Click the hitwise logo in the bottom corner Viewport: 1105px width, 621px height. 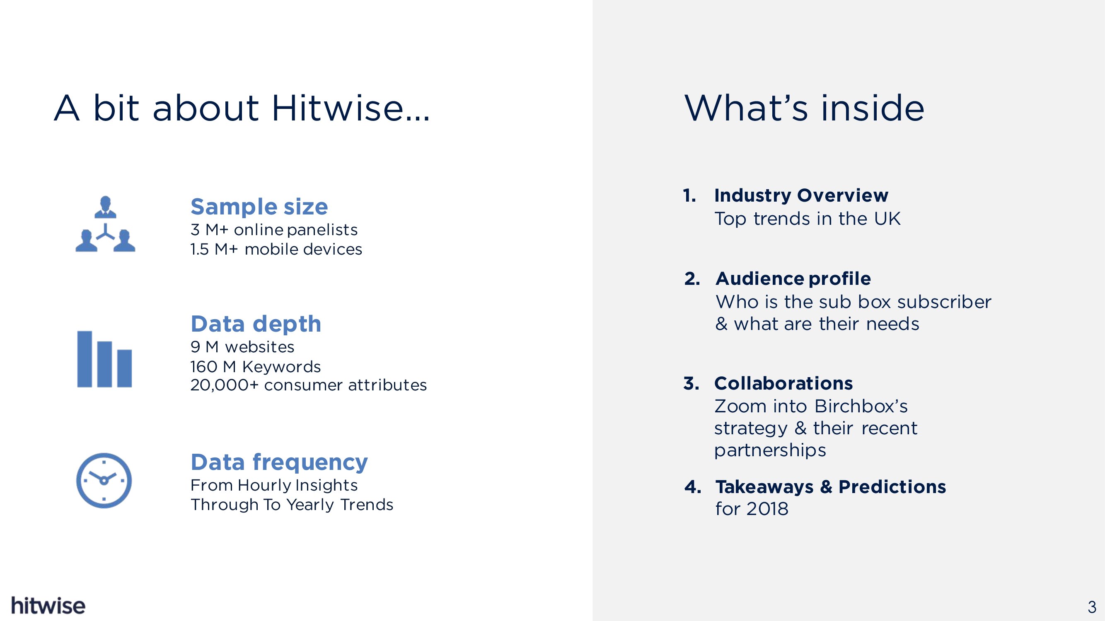[x=48, y=605]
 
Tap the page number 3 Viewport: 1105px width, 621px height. [x=1092, y=607]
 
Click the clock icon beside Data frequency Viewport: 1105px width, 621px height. [x=104, y=480]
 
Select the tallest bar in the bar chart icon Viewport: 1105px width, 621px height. [x=85, y=359]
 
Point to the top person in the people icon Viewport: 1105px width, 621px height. [x=105, y=207]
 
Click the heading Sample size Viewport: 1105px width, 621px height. [x=259, y=207]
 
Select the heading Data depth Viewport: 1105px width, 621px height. [x=256, y=324]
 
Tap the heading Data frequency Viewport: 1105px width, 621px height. [x=279, y=462]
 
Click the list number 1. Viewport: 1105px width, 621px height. [x=689, y=195]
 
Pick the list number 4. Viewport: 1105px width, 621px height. [x=693, y=487]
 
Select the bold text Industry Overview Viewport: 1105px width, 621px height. [x=801, y=195]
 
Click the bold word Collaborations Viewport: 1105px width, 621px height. [x=783, y=383]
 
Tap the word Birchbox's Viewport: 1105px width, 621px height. [x=861, y=406]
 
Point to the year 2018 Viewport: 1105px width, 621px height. [x=767, y=509]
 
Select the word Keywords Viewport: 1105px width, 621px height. [x=281, y=367]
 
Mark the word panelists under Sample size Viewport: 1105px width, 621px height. [x=322, y=230]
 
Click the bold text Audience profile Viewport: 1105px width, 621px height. [x=793, y=279]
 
